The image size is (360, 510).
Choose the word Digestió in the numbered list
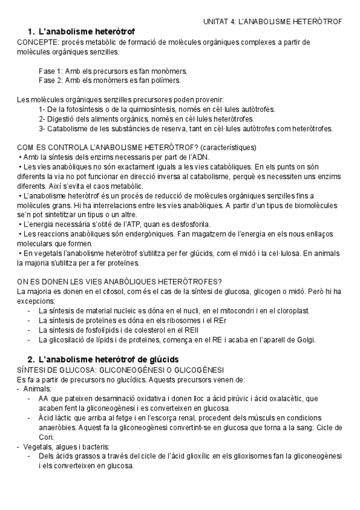point(66,118)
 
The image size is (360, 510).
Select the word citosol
point(90,291)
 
